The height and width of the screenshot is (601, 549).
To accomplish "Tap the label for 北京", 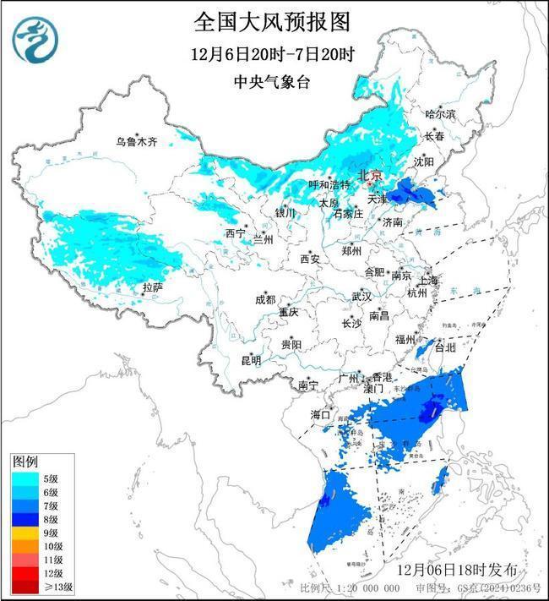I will pos(371,175).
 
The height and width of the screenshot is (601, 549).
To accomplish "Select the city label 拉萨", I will pos(152,287).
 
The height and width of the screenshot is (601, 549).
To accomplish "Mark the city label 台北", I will pos(443,347).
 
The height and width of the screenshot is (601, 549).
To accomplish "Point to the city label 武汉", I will pos(361,297).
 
